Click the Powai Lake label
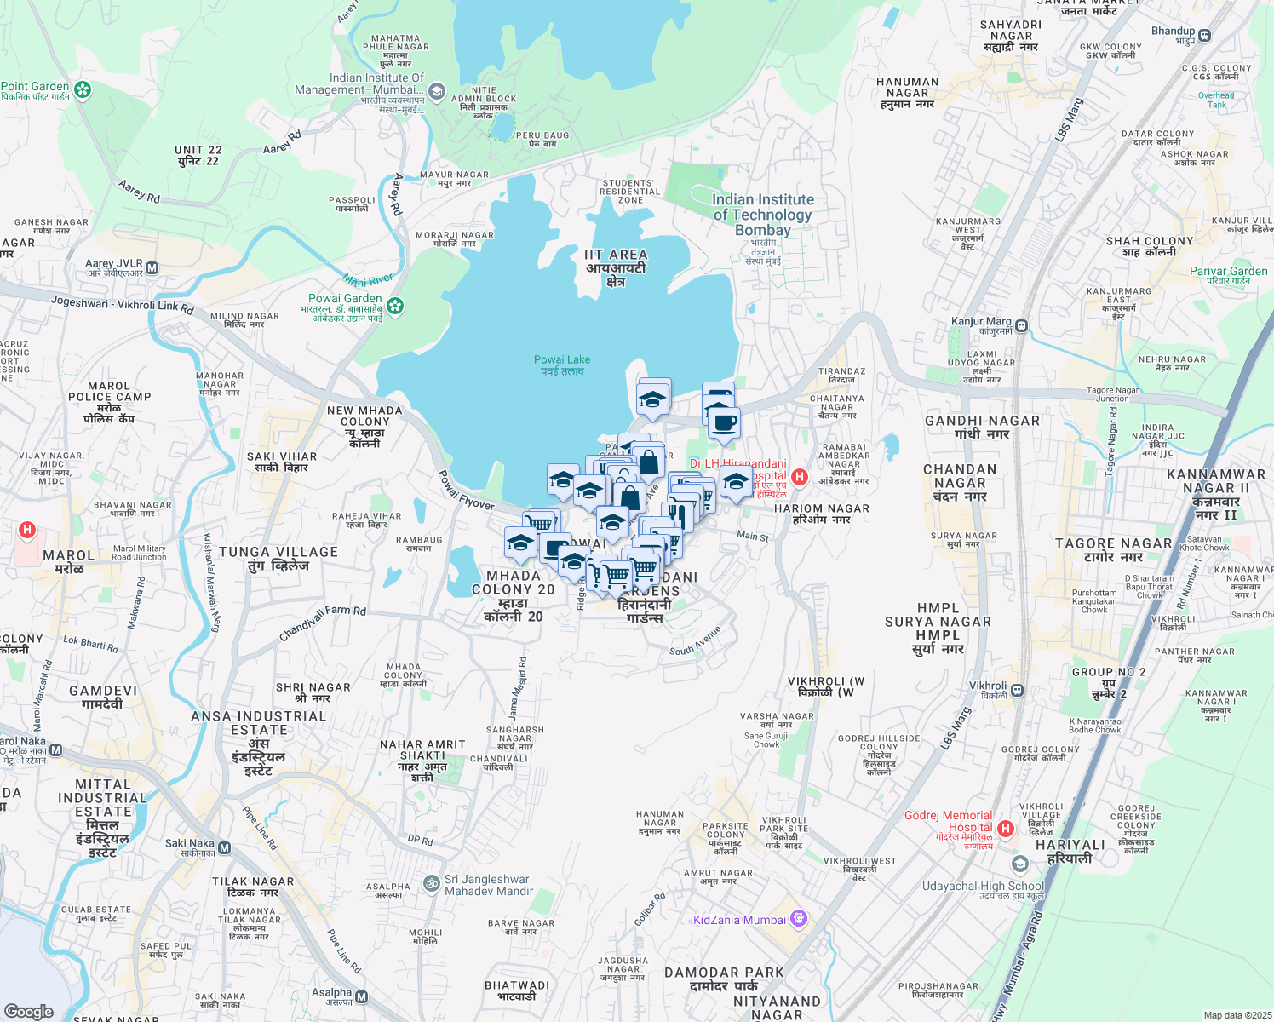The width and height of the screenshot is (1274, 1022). [562, 365]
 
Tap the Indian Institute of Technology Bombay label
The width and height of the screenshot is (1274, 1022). [762, 215]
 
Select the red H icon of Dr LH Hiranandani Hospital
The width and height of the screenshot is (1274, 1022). [799, 477]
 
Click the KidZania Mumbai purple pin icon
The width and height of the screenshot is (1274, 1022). [798, 918]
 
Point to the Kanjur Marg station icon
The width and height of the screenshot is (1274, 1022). [1021, 325]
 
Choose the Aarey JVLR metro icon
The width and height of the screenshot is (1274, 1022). [152, 268]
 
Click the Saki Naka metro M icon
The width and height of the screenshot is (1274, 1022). [224, 847]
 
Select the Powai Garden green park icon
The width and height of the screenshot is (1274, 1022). [395, 305]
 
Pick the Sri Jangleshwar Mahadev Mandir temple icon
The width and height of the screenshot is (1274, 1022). [432, 884]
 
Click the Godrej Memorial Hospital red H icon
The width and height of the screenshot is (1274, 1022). [1006, 828]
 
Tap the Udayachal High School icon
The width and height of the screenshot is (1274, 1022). [1019, 864]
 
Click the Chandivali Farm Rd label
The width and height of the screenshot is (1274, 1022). [323, 623]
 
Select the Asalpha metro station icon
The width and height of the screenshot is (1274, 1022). [362, 997]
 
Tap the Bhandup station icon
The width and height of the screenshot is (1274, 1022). [1204, 35]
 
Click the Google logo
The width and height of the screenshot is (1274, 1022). [29, 1012]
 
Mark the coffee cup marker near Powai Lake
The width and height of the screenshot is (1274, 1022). [725, 422]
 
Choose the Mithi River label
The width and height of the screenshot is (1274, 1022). [368, 278]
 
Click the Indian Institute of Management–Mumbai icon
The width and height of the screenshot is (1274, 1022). [436, 90]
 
